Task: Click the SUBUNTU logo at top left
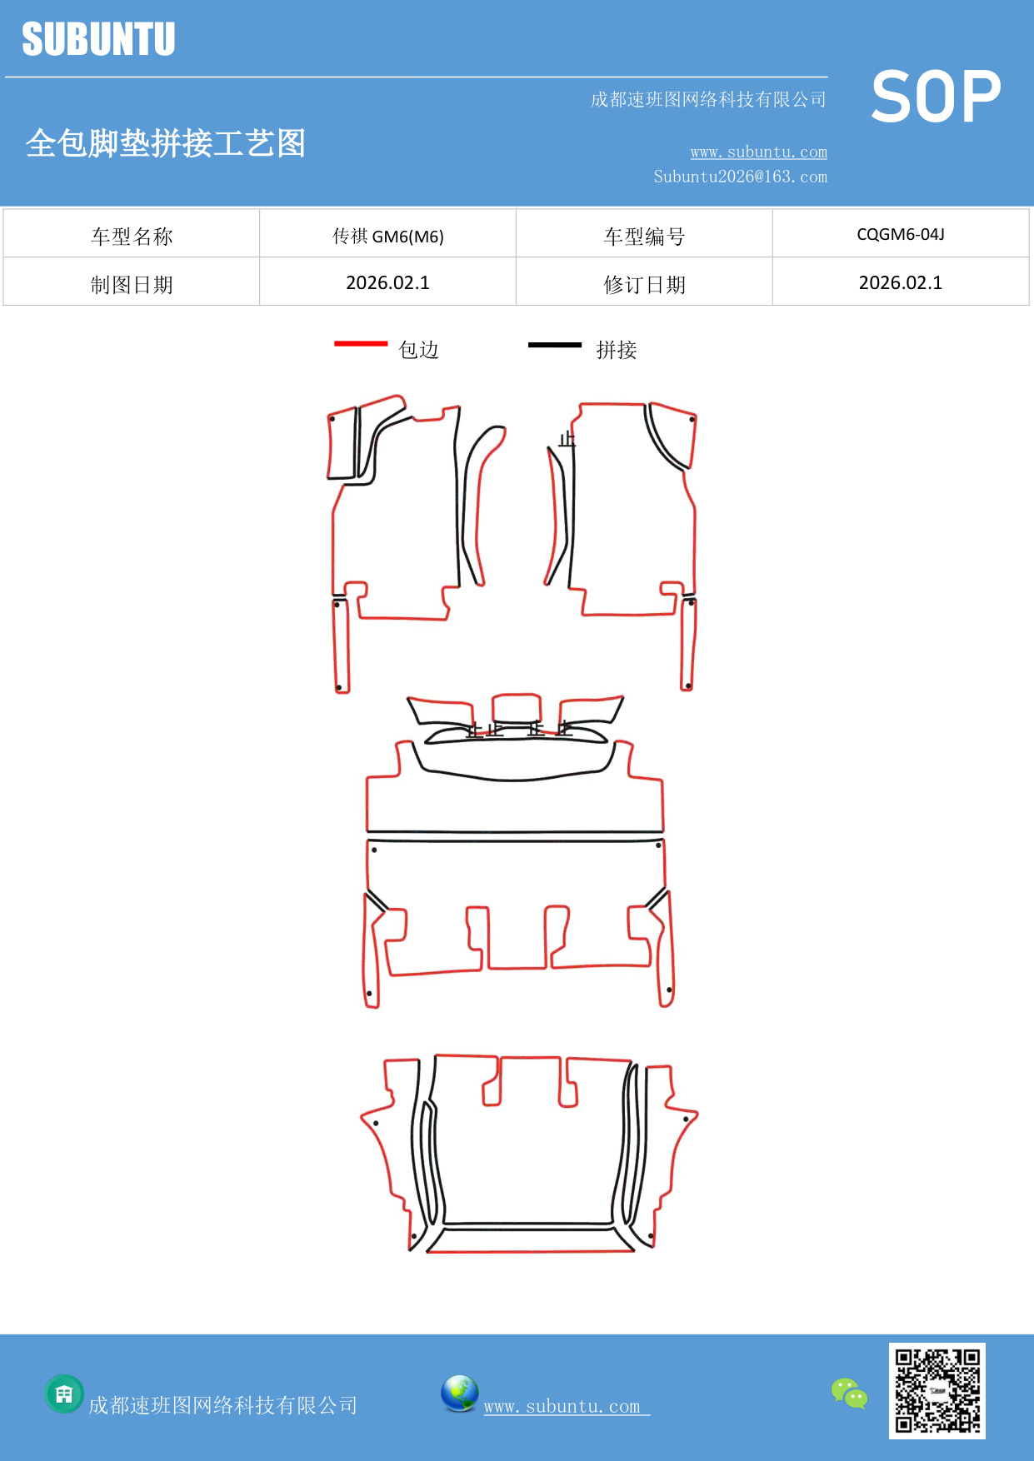click(98, 39)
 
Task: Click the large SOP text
click(936, 97)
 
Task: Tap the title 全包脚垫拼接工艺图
click(166, 143)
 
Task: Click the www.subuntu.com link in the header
click(758, 152)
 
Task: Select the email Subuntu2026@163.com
click(740, 177)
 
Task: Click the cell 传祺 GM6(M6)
click(387, 236)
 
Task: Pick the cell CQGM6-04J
click(900, 234)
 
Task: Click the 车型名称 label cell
click(132, 236)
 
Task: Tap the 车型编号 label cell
click(644, 236)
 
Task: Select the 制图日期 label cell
click(132, 284)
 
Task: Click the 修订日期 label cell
click(644, 284)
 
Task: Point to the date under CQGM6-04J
click(900, 282)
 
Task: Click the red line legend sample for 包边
click(361, 343)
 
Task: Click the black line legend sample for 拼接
click(554, 344)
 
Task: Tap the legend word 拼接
click(616, 350)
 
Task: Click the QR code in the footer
click(937, 1390)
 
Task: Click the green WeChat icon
click(849, 1393)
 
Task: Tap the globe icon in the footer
click(459, 1393)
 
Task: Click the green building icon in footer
click(64, 1394)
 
